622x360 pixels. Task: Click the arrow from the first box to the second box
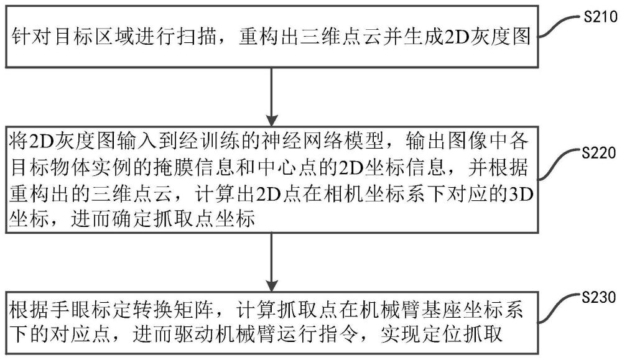[x=272, y=96]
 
